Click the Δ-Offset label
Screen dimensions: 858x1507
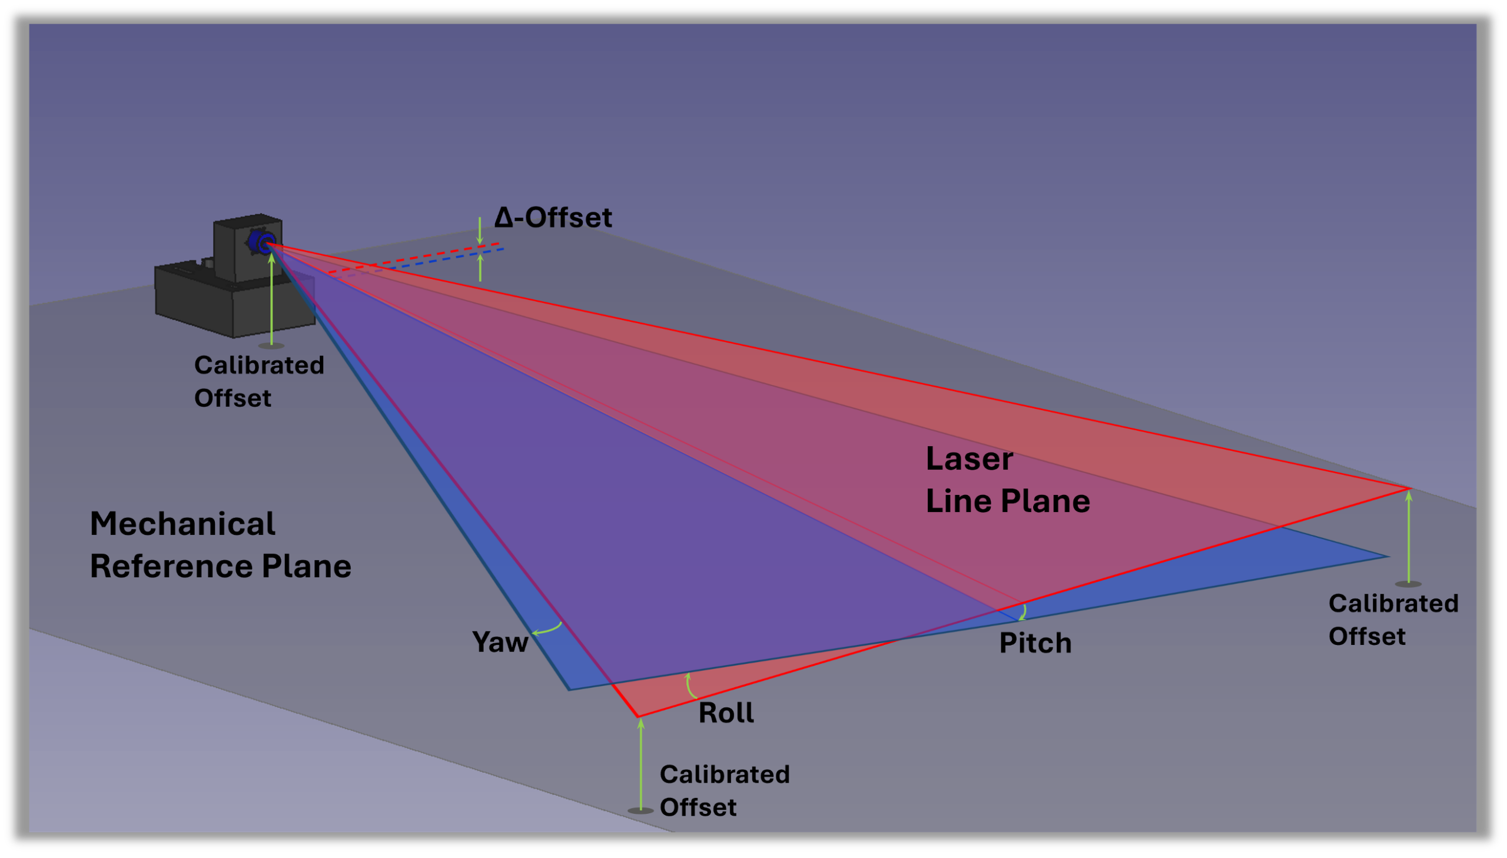(x=553, y=218)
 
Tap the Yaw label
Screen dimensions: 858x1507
(x=500, y=642)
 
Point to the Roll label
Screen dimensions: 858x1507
(x=725, y=713)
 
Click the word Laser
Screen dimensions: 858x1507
(x=969, y=459)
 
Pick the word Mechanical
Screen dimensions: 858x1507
(x=182, y=524)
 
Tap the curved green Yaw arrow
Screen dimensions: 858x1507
(x=547, y=629)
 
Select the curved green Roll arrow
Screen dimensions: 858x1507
(x=689, y=687)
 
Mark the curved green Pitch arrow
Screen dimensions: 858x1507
(x=1024, y=613)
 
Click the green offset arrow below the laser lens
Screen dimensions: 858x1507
(x=271, y=301)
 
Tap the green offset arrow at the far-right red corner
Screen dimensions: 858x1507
(x=1409, y=536)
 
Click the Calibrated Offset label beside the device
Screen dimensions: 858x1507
(x=259, y=382)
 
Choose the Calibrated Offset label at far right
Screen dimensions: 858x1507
(x=1393, y=620)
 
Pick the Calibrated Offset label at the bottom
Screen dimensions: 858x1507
(x=724, y=791)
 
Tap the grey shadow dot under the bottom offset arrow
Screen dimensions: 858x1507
(x=640, y=811)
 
